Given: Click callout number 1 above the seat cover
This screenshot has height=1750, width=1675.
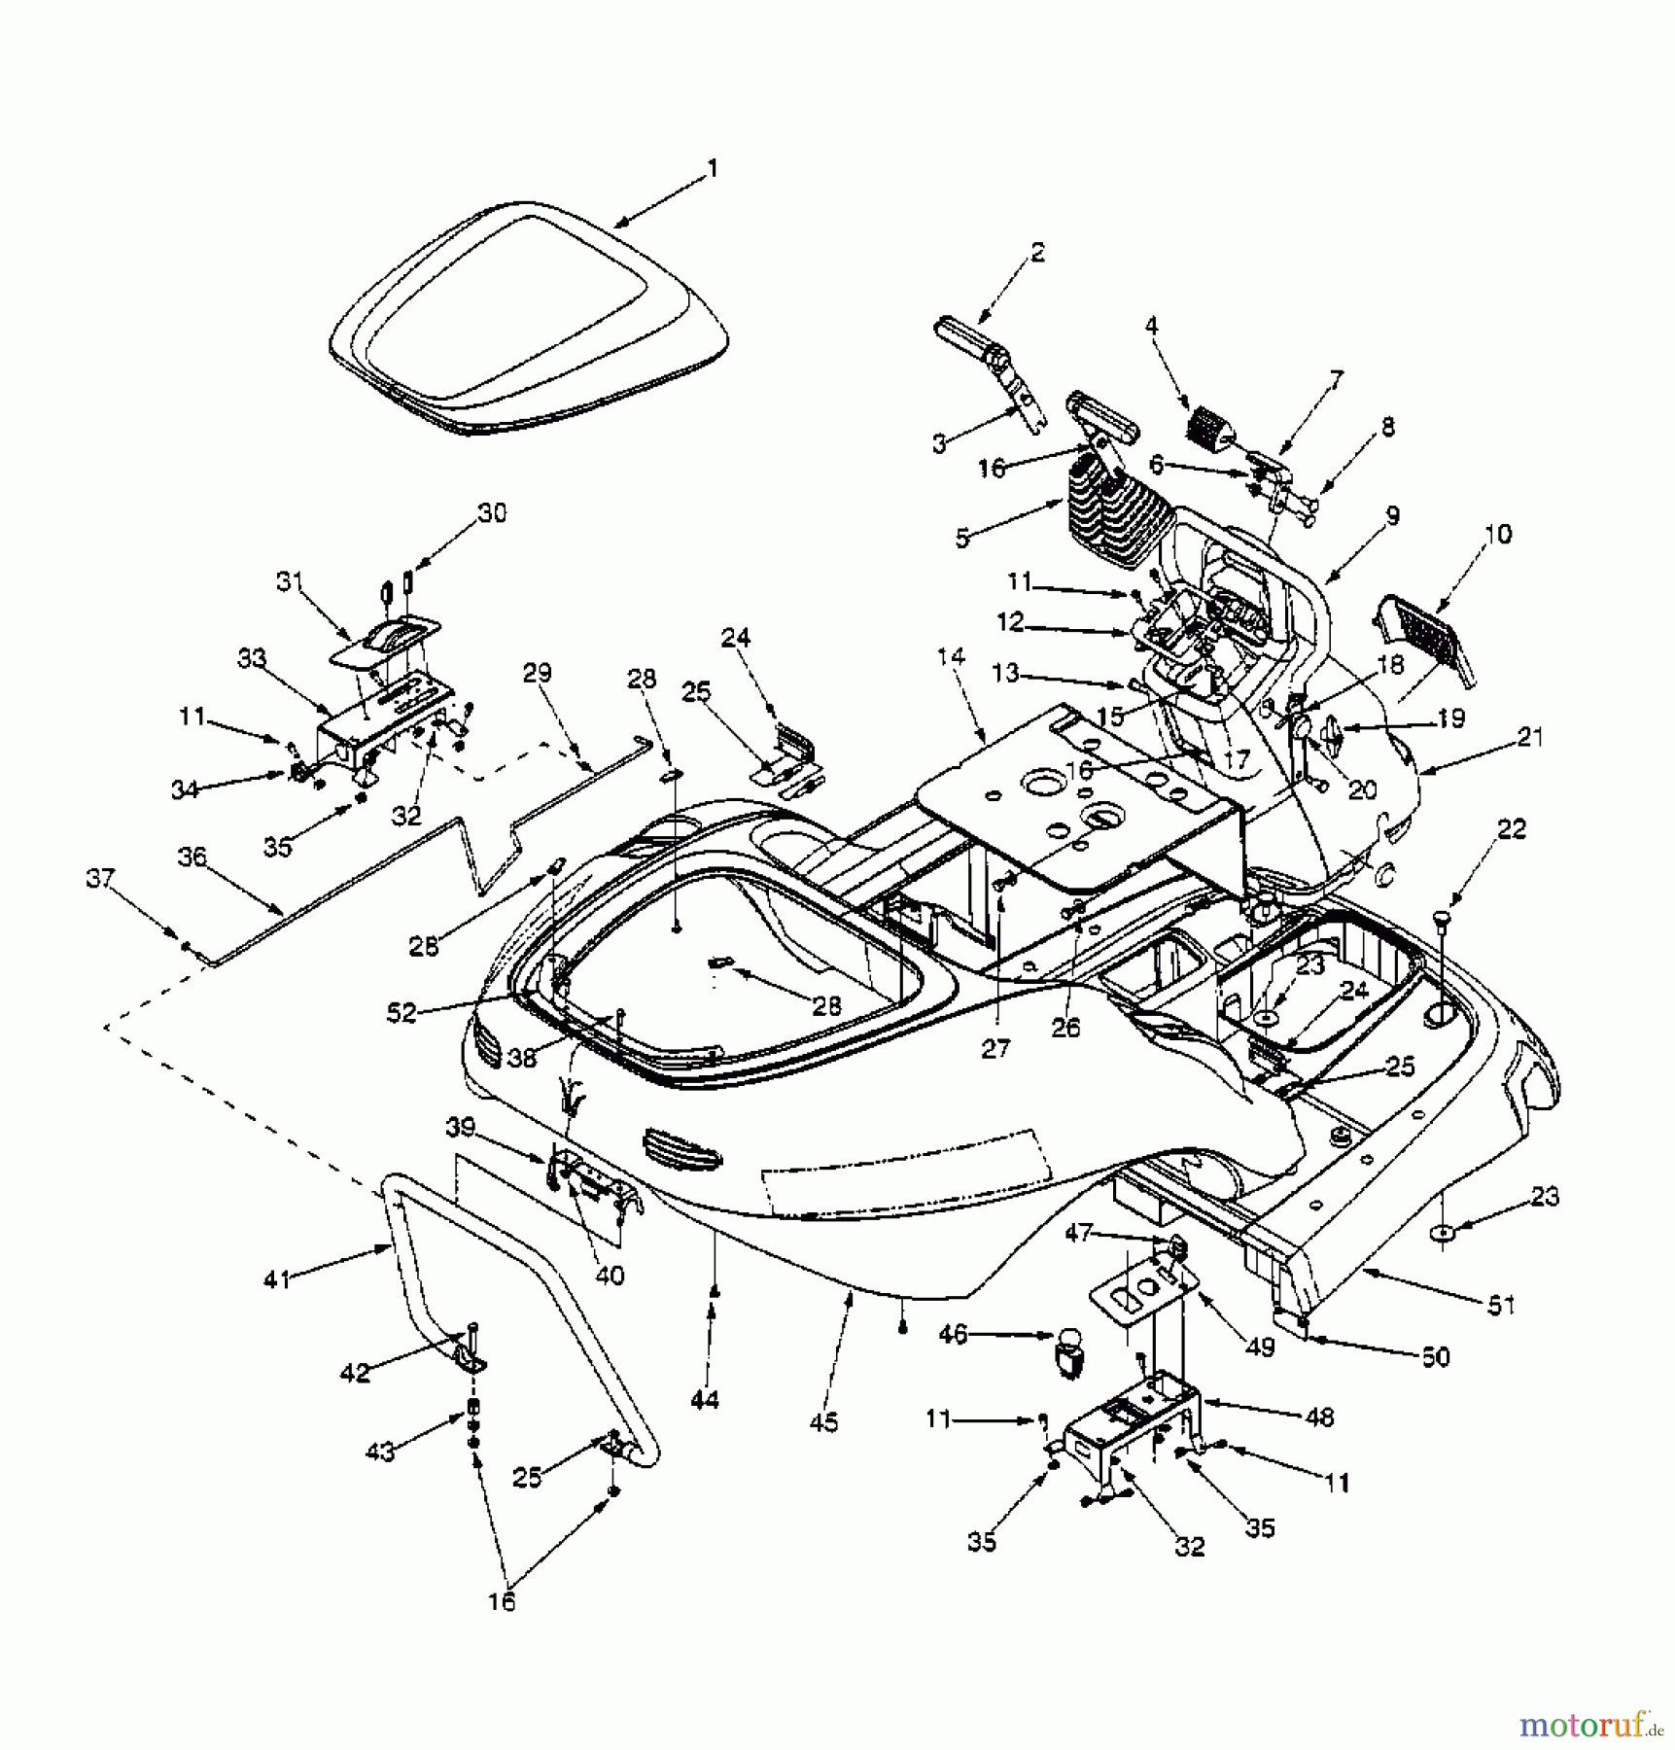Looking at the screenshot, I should pos(713,169).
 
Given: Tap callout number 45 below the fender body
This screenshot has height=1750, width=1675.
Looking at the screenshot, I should pos(823,1422).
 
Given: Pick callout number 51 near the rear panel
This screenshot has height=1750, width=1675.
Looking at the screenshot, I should pos(1501,1305).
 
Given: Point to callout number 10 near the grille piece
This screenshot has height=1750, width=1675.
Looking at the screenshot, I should pos(1498,534).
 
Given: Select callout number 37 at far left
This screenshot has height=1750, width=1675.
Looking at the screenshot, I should pos(100,878).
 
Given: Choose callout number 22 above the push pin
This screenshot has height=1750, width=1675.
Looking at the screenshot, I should pos(1511,829).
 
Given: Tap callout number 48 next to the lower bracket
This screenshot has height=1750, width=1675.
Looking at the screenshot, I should pos(1319,1417).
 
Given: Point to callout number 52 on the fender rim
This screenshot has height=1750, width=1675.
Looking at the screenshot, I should pos(401,1013).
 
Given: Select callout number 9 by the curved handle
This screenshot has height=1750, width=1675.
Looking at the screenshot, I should pos(1392,516).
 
